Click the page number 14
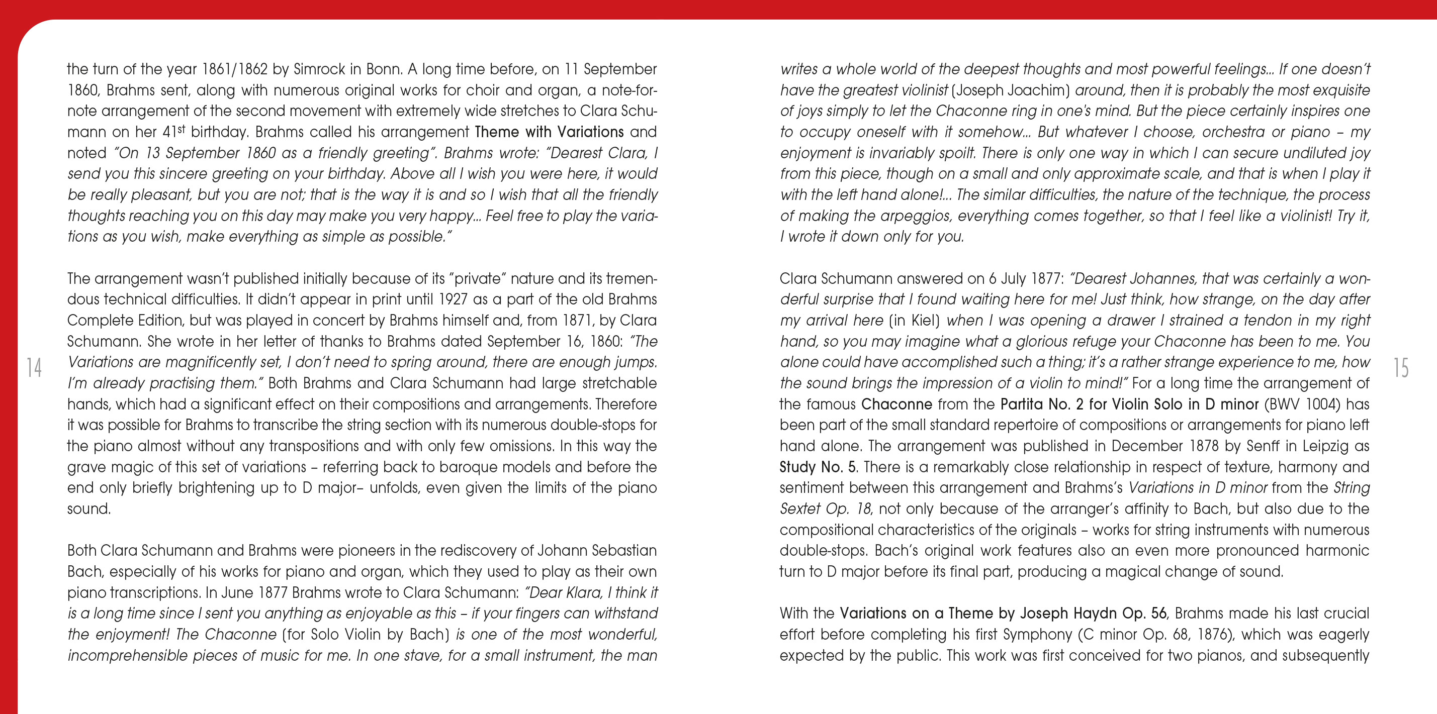click(x=34, y=368)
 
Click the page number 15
click(x=1401, y=368)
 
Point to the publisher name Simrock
click(x=320, y=69)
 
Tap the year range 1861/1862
click(x=235, y=69)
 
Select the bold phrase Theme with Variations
click(x=549, y=132)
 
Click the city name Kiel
click(x=921, y=321)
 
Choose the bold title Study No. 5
click(x=817, y=467)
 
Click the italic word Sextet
click(x=800, y=509)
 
